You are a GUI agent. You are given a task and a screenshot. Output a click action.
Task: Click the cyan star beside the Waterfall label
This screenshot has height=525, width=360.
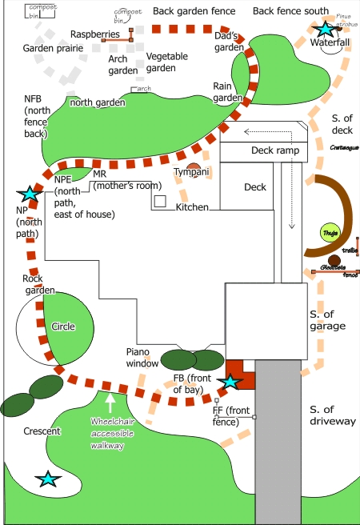tap(325, 30)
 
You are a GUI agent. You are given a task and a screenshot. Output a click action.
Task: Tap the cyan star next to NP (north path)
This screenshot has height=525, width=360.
tap(30, 194)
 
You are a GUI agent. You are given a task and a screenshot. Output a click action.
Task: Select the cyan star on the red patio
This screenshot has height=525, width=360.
tap(230, 382)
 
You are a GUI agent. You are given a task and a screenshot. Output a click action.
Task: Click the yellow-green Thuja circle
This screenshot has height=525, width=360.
tap(329, 234)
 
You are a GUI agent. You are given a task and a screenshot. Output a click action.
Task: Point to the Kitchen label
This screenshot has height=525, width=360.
tap(192, 207)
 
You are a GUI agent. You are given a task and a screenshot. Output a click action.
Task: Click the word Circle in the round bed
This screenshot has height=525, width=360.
tap(63, 327)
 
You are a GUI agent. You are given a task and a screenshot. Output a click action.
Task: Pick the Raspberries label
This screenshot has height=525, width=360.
tap(95, 34)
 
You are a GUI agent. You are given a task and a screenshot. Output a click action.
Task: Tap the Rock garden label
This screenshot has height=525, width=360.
tap(38, 284)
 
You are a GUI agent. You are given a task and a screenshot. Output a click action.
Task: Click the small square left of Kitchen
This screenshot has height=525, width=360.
tap(160, 201)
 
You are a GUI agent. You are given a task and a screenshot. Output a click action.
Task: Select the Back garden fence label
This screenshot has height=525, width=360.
tap(194, 11)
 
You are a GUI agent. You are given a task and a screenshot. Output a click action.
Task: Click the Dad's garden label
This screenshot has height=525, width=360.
tap(229, 42)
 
